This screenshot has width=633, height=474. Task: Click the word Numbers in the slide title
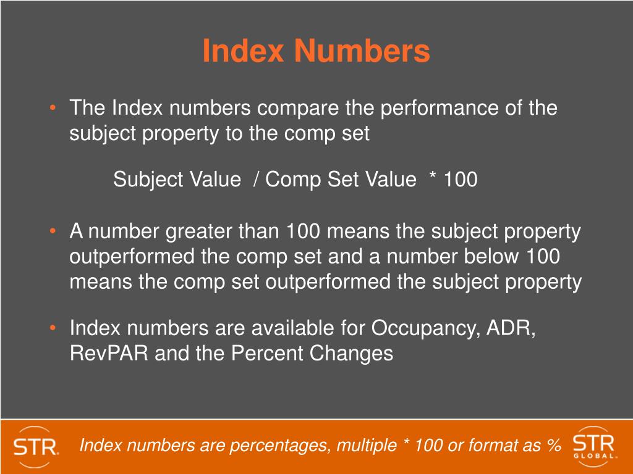tap(362, 51)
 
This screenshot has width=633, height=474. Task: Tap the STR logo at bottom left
tap(36, 446)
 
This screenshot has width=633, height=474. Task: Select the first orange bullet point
tap(54, 109)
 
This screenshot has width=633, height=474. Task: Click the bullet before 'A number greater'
tap(54, 233)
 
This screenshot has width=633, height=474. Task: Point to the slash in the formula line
tap(255, 180)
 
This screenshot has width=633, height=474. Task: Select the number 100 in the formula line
tap(460, 180)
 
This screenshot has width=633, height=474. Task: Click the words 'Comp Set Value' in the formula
tap(341, 180)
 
